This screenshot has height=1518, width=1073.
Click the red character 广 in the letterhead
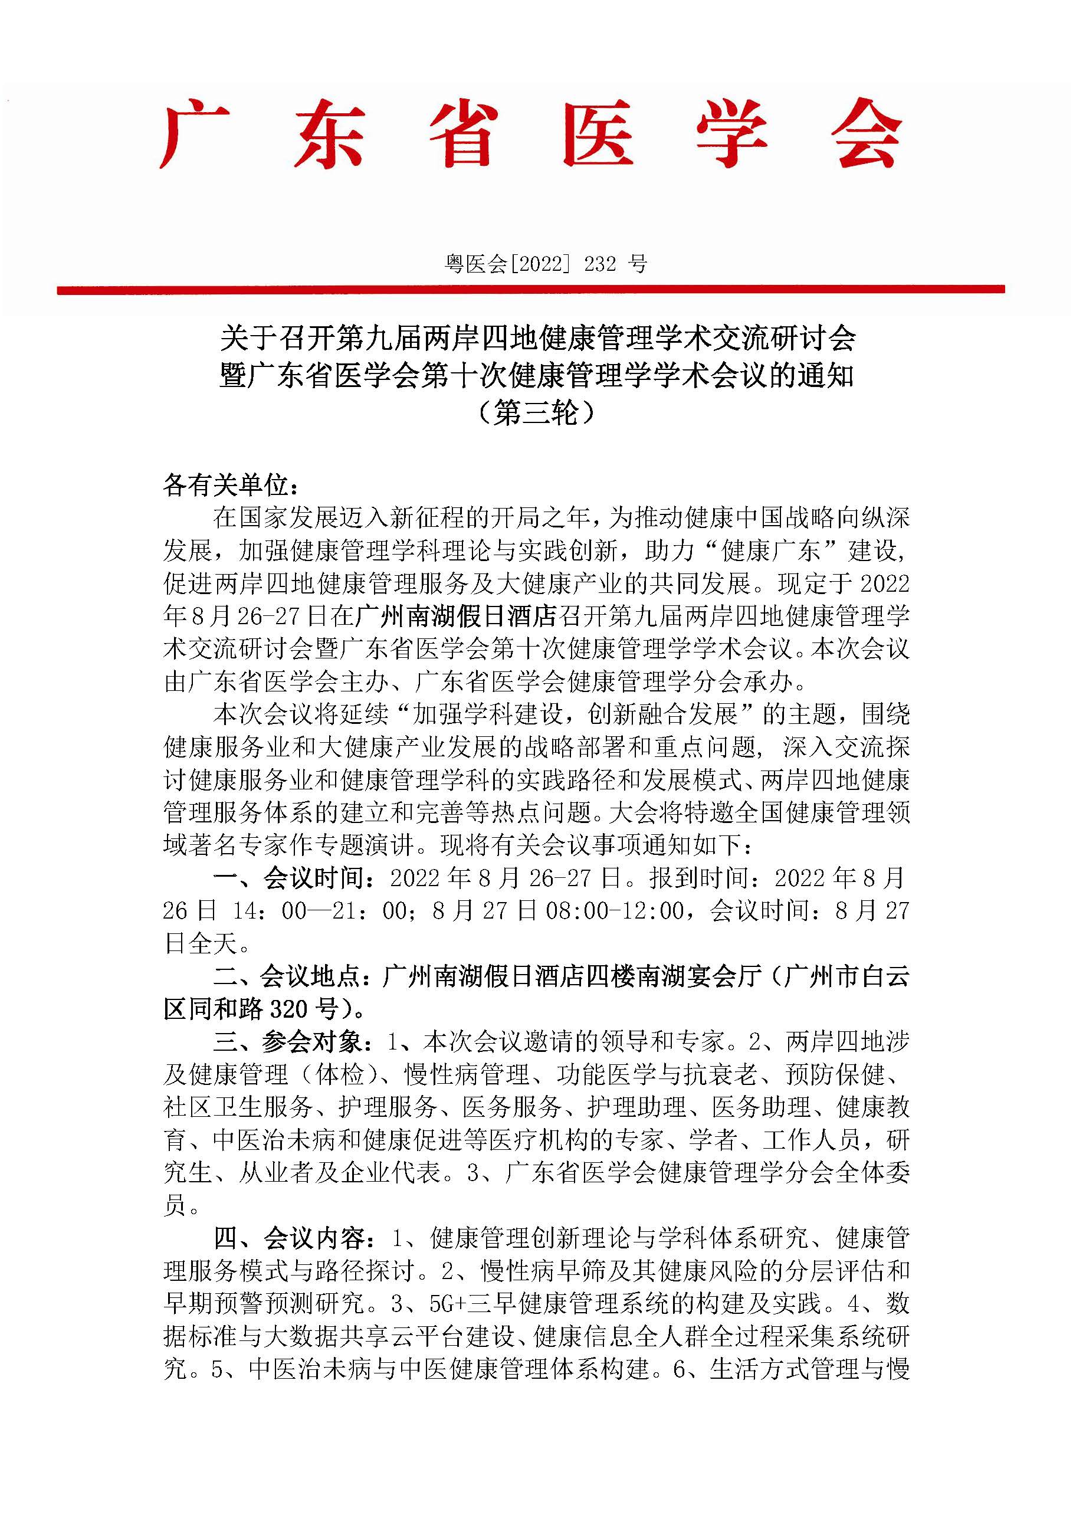193,134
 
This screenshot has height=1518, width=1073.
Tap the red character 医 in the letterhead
597,134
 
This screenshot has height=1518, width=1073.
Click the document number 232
601,264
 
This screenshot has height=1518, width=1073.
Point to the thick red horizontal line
530,290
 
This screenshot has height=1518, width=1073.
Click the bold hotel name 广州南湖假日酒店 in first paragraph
456,616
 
